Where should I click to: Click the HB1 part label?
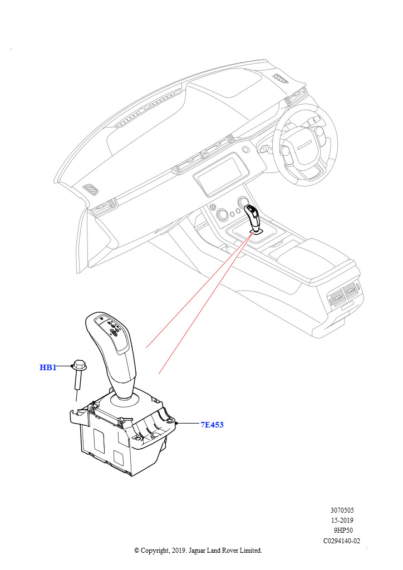tap(48, 367)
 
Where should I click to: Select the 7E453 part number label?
tap(212, 425)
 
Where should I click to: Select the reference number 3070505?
tap(342, 510)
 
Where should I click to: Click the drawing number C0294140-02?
tap(342, 541)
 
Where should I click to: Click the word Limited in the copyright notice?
tap(250, 551)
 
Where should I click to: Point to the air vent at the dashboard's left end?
tap(90, 190)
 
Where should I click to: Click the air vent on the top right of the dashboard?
tap(280, 79)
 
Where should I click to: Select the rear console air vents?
tap(345, 292)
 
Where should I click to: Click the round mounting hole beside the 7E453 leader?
tap(169, 421)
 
